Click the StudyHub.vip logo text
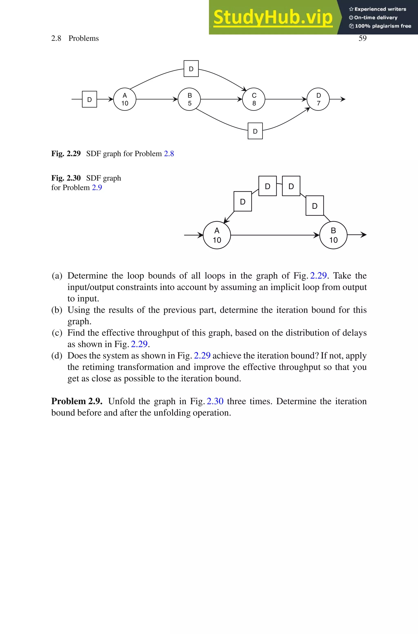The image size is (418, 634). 273,17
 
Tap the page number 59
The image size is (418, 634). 362,38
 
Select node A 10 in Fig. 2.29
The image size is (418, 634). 125,99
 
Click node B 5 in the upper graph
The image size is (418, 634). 189,99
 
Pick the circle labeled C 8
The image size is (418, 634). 254,99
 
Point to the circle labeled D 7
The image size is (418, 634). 318,99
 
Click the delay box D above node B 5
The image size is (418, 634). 191,69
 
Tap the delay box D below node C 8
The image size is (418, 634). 255,131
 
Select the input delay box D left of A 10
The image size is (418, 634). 90,99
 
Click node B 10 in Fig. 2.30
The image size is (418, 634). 333,235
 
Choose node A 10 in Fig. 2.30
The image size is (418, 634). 217,235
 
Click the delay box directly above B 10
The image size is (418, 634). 315,206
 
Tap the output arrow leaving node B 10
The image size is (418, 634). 357,235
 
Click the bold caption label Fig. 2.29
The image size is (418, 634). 66,154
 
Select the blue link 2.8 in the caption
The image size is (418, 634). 169,154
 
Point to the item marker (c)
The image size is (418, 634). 57,333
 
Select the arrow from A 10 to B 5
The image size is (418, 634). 157,99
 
